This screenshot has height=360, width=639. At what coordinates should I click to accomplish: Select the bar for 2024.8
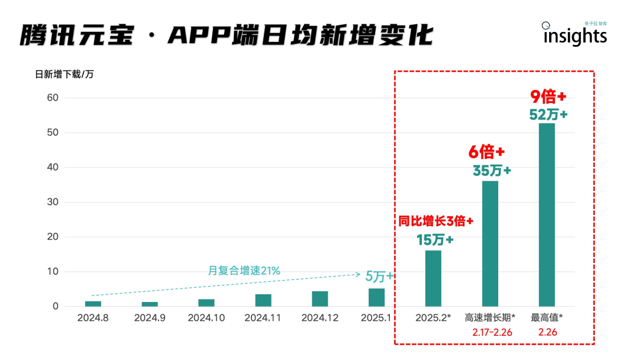93,304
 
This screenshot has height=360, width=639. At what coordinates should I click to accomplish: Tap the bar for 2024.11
263,300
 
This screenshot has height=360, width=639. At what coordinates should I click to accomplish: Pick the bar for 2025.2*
433,278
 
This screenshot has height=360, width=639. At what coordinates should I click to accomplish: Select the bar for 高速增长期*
490,243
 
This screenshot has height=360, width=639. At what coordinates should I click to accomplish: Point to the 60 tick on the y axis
53,98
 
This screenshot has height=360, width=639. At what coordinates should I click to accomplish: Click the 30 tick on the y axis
53,202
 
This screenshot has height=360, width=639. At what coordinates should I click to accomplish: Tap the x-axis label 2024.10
206,318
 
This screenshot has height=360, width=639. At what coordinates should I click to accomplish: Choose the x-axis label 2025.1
376,318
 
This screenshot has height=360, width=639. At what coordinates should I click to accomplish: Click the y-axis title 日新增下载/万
64,75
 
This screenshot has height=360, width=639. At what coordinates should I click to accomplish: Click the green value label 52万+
548,115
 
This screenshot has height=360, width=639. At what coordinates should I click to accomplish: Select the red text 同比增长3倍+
435,221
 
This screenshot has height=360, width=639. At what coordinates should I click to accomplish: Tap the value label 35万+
492,171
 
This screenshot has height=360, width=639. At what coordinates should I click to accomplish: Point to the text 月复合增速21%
244,271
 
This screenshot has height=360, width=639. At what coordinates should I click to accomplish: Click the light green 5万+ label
379,276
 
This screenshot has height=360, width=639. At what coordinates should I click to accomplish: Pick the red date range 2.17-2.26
492,332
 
